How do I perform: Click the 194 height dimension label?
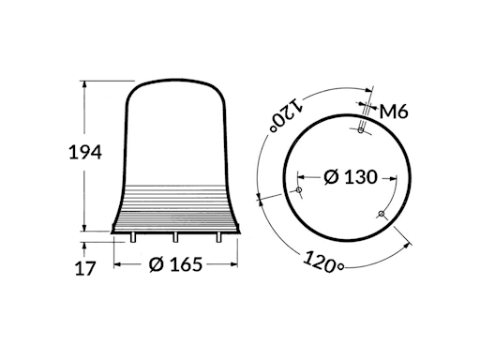pos(85,152)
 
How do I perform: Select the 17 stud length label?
pos(84,268)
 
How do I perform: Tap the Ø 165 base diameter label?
pos(175,264)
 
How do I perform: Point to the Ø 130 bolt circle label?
pos(351,177)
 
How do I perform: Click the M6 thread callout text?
pos(394,112)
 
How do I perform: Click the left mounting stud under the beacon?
pos(132,237)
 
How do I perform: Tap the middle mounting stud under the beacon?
pos(175,237)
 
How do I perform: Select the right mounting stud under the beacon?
pos(218,237)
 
